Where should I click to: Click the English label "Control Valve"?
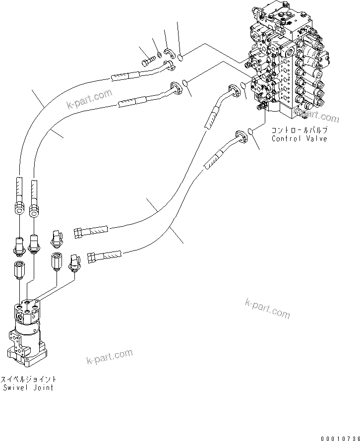tap(299, 139)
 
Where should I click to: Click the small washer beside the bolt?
tap(157, 55)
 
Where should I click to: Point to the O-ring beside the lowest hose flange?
tap(252, 131)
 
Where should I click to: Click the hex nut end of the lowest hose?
tap(91, 256)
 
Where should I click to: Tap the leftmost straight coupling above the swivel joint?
tap(19, 270)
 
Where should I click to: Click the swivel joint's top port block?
tap(30, 310)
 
